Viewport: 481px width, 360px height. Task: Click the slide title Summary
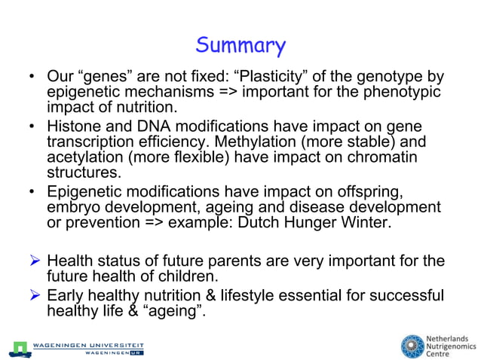pos(240,46)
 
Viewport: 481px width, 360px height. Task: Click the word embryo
pos(74,206)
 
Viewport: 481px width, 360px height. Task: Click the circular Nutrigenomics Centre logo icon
pos(412,346)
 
